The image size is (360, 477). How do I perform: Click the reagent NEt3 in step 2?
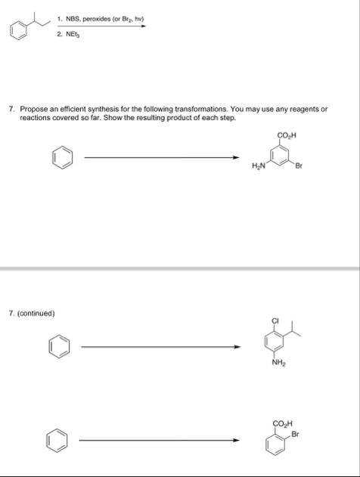point(74,35)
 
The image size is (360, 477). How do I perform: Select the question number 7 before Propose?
point(10,109)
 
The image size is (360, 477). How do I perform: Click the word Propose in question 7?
point(33,109)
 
